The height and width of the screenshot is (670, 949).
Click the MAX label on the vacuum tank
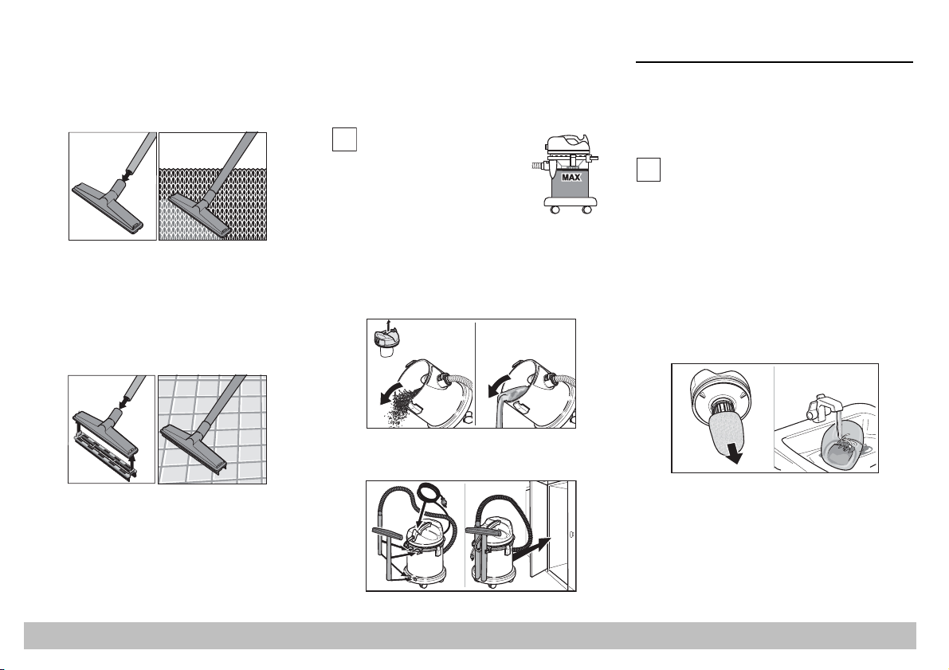coord(571,178)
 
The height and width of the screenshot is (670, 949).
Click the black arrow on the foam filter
coord(733,455)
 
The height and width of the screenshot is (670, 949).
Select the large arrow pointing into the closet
coord(535,548)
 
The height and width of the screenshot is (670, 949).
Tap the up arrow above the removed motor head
coord(389,326)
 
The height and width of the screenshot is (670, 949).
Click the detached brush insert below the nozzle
coord(104,453)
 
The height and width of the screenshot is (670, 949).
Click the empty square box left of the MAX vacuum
coord(343,139)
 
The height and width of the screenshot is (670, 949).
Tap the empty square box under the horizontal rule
coord(648,170)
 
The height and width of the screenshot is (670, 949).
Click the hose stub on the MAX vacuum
coord(536,165)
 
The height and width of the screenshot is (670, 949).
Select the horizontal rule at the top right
coord(774,61)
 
